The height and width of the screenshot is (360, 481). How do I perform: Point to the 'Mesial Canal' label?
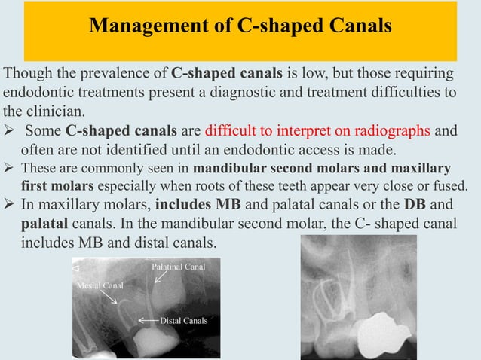[x=100, y=286]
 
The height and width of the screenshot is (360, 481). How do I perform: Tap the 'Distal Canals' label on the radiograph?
[x=183, y=321]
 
